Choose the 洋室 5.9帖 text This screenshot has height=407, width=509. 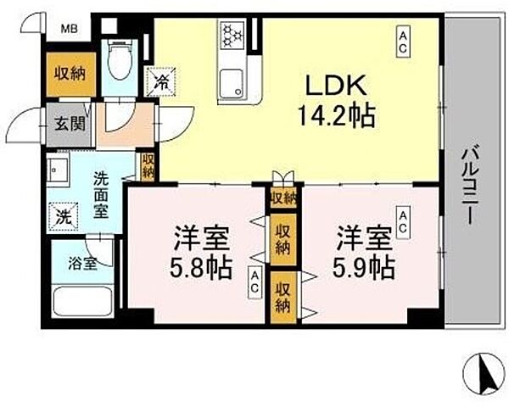pyautogui.click(x=361, y=252)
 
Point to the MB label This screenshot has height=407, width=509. pyautogui.click(x=68, y=27)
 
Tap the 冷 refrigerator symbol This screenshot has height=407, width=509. pyautogui.click(x=161, y=82)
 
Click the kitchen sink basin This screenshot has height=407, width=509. pyautogui.click(x=232, y=83)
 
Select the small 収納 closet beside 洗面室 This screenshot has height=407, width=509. pyautogui.click(x=148, y=166)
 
